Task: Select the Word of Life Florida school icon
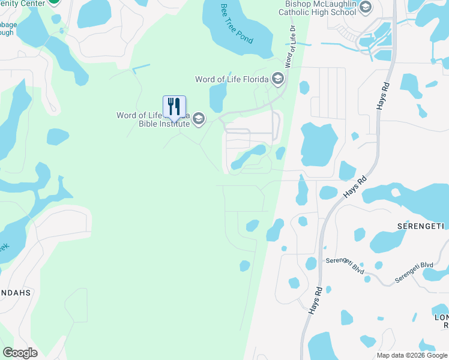[x=277, y=79]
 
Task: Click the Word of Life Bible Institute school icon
[x=199, y=119]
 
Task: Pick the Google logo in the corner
[x=20, y=353]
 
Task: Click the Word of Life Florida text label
[x=232, y=79]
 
